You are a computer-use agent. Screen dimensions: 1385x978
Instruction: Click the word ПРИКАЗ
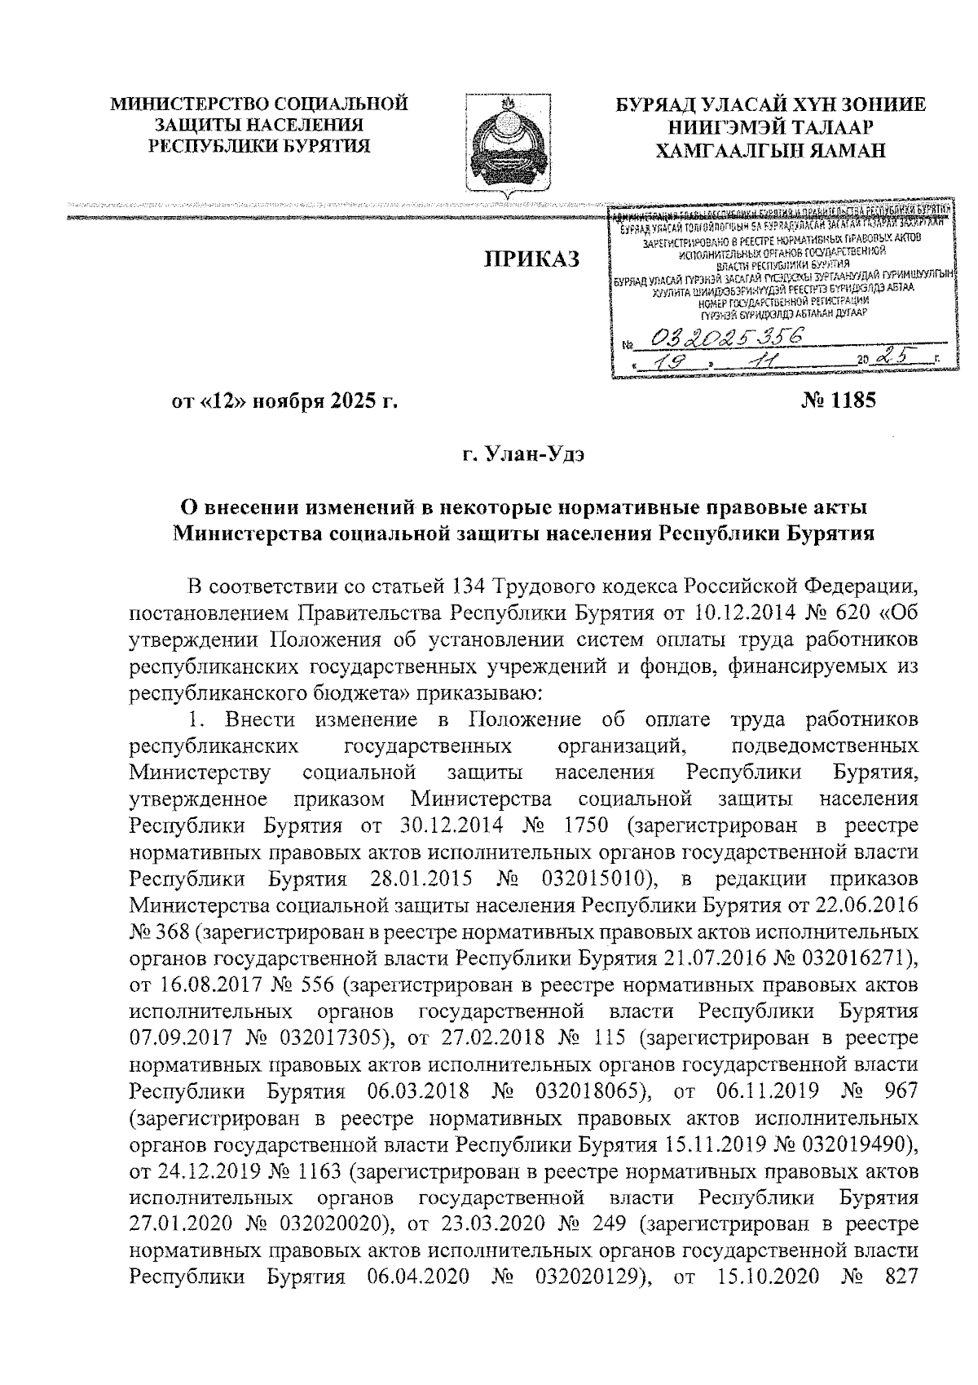coord(532,259)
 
